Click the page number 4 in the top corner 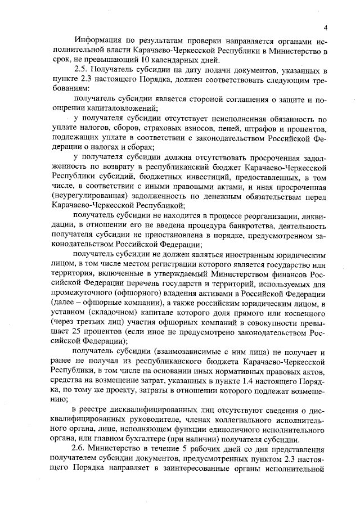[x=326, y=28]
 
